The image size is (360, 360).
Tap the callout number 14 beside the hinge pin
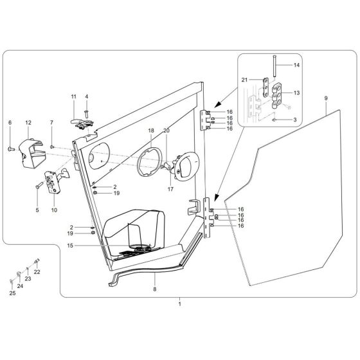click(x=296, y=65)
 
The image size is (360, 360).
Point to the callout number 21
click(x=244, y=79)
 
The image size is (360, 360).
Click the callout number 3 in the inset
click(x=295, y=120)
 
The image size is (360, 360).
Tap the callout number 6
click(x=10, y=122)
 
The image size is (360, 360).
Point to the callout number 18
click(x=150, y=130)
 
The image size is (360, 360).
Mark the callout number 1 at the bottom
click(x=179, y=302)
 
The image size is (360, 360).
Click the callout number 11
click(x=73, y=96)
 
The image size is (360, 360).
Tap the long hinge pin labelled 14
click(x=273, y=65)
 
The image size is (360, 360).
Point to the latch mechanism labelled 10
click(x=52, y=179)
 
